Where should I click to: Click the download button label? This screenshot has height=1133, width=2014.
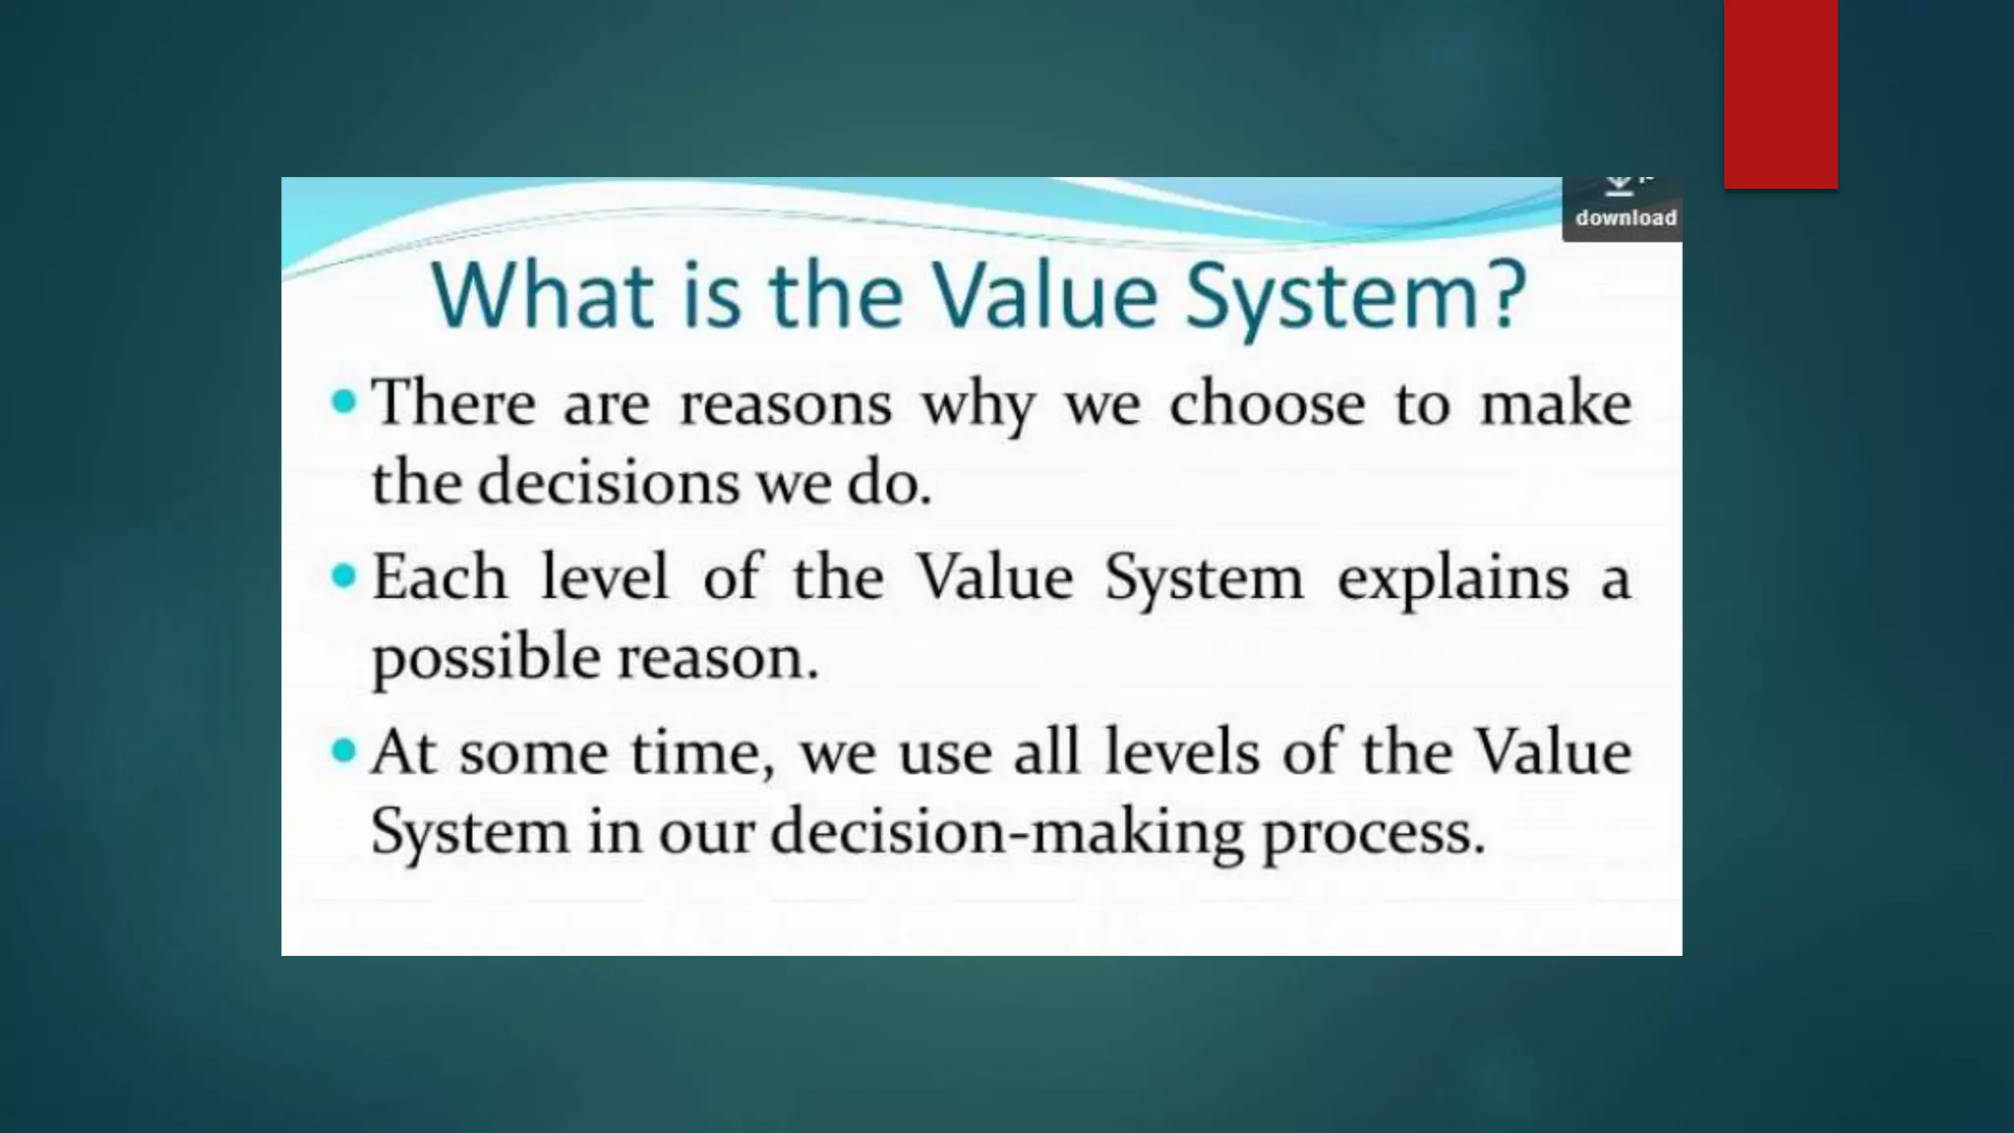[1626, 217]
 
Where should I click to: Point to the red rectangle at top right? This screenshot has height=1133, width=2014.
[1780, 93]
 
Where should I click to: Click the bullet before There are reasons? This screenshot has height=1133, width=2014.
[343, 401]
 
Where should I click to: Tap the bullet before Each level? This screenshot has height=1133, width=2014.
[343, 576]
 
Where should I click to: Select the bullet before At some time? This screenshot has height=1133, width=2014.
[343, 751]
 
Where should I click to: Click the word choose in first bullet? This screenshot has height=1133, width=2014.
[1267, 403]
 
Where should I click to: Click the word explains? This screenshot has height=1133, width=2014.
[1452, 579]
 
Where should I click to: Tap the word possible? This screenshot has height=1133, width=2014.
[486, 658]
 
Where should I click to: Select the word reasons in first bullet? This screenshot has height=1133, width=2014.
[786, 405]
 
